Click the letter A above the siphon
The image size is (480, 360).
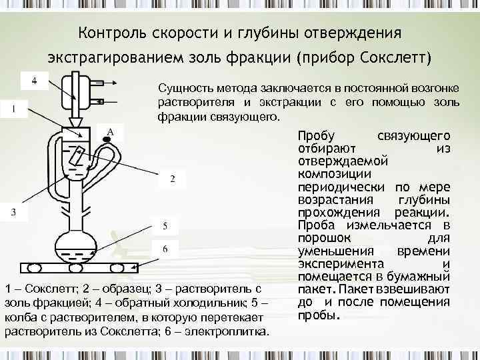[111, 131]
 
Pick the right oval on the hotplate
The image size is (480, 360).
[117, 268]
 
